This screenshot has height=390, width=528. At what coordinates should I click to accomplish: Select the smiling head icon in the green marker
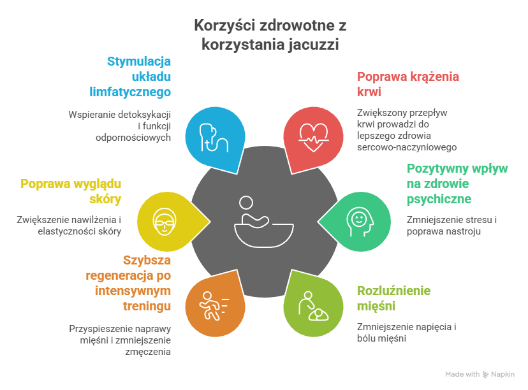coord(358,220)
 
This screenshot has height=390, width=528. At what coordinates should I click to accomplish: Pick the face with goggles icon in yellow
coord(163,220)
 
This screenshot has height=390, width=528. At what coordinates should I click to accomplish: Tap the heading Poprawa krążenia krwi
coord(408,84)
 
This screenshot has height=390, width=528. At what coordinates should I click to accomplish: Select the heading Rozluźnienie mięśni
coord(393,298)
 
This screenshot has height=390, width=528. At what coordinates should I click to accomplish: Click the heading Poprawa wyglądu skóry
coord(71,191)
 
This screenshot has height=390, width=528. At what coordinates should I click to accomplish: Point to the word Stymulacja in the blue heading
coord(139,62)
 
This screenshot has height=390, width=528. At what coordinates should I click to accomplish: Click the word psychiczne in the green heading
coord(439,199)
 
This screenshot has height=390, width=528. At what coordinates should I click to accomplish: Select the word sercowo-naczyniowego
coord(407,147)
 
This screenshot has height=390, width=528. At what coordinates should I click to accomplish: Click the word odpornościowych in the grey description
coord(134,137)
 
